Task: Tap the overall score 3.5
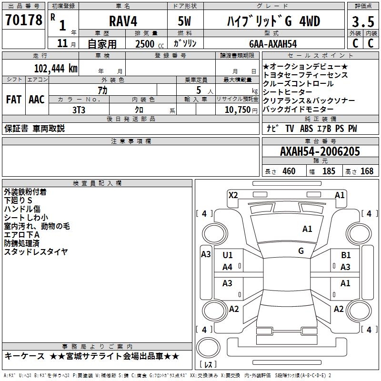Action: pos(362,22)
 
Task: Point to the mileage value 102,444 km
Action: pos(56,68)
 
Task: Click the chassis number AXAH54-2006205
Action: pos(320,151)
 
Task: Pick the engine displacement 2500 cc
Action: pos(148,43)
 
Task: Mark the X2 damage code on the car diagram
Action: pos(233,195)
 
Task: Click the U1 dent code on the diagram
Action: pos(228,255)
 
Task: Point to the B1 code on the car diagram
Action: pos(345,255)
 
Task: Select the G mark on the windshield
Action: pos(301,251)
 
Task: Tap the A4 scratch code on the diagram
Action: pos(228,267)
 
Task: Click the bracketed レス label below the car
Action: pos(208,365)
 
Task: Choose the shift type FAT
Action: pos(14,99)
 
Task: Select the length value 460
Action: pos(289,171)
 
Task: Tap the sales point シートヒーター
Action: pos(288,92)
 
